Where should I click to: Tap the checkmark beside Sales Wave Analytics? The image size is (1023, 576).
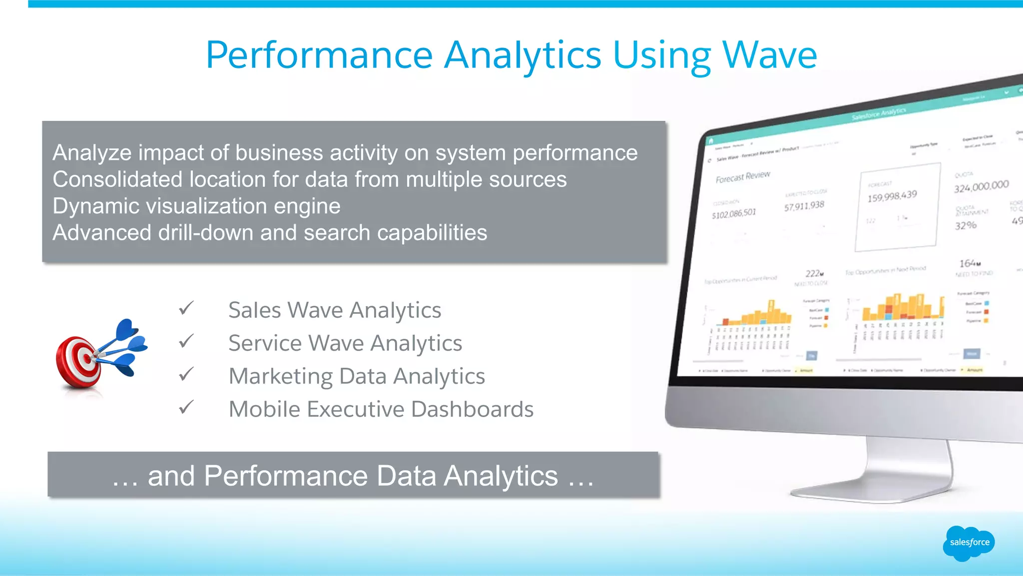[186, 308]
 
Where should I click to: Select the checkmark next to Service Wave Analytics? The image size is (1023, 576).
[186, 341]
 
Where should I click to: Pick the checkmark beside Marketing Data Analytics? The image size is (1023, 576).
[186, 374]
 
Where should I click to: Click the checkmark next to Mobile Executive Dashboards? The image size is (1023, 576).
[186, 407]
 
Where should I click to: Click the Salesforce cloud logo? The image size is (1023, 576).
[969, 543]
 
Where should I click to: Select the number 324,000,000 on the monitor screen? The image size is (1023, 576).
[981, 186]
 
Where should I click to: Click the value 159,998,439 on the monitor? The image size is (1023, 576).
[892, 196]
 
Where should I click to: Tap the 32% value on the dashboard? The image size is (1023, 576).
[966, 225]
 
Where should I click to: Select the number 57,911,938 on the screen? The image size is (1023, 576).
[804, 206]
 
